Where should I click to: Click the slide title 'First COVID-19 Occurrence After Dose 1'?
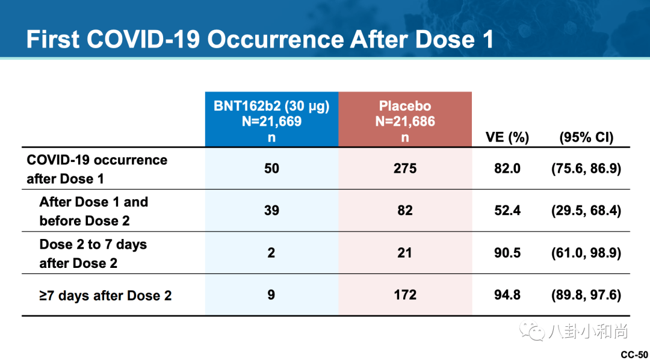(259, 40)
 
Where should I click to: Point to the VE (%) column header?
(507, 137)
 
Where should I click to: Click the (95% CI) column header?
(586, 137)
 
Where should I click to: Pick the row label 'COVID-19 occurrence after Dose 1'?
(97, 169)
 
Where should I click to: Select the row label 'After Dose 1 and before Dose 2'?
(93, 211)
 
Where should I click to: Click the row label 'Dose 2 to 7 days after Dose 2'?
(93, 253)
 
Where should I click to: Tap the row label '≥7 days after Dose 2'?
(105, 296)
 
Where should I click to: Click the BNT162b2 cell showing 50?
(271, 169)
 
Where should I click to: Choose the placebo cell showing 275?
(405, 169)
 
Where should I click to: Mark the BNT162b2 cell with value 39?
(271, 211)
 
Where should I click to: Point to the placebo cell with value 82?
(405, 211)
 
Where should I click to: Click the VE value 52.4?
(507, 211)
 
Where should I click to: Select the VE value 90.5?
(507, 253)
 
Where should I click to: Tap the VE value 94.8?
(507, 295)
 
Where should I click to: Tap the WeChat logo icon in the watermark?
(533, 331)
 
